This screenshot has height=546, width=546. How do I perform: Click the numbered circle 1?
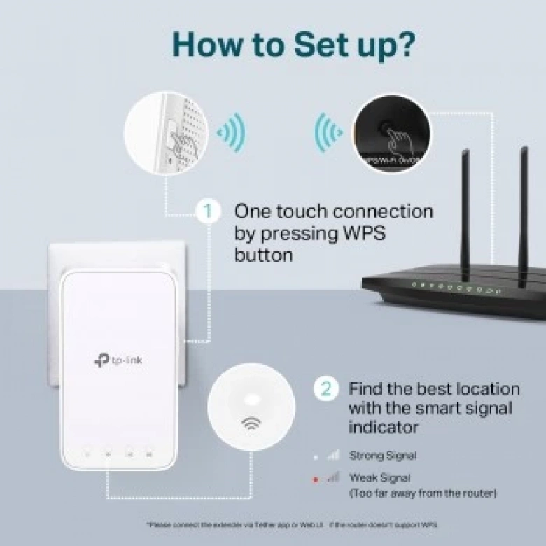tap(207, 211)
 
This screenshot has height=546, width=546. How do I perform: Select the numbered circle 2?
tap(325, 388)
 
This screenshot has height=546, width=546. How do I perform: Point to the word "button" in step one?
tap(265, 255)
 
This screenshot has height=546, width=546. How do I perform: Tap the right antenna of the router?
tap(523, 210)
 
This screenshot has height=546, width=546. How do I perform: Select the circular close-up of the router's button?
tap(391, 133)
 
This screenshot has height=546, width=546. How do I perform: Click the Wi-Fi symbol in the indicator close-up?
tap(251, 423)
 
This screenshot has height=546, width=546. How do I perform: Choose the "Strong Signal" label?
tap(383, 456)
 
